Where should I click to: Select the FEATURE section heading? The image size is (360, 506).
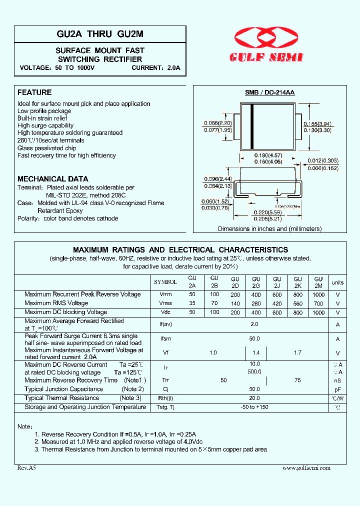34,92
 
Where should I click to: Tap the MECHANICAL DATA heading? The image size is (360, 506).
52,178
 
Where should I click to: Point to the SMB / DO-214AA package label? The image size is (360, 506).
269,93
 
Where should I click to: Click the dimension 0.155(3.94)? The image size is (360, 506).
317,123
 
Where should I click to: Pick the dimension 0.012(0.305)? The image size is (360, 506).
322,160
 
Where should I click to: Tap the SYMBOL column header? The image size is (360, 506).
165,282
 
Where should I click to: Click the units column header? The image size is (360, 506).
338,282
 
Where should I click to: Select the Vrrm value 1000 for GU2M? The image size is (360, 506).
318,294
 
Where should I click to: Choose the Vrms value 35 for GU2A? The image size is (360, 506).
192,303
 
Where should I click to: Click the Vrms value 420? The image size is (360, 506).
277,303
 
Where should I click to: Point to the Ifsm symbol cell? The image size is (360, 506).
165,339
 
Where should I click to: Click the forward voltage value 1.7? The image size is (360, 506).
297,352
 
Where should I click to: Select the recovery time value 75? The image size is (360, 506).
298,380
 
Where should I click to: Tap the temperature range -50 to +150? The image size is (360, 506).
254,407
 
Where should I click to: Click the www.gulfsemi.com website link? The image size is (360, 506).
306,468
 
